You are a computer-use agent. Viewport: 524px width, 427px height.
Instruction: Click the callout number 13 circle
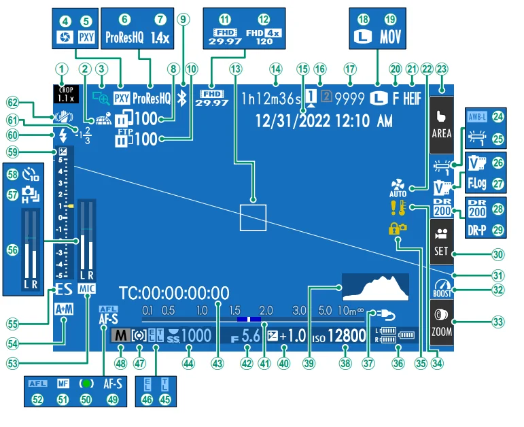pos(236,69)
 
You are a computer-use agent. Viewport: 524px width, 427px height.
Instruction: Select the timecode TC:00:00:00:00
pos(174,294)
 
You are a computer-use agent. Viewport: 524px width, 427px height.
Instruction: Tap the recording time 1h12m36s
pos(273,98)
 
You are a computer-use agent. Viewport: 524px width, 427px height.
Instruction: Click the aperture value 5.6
pos(251,335)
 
